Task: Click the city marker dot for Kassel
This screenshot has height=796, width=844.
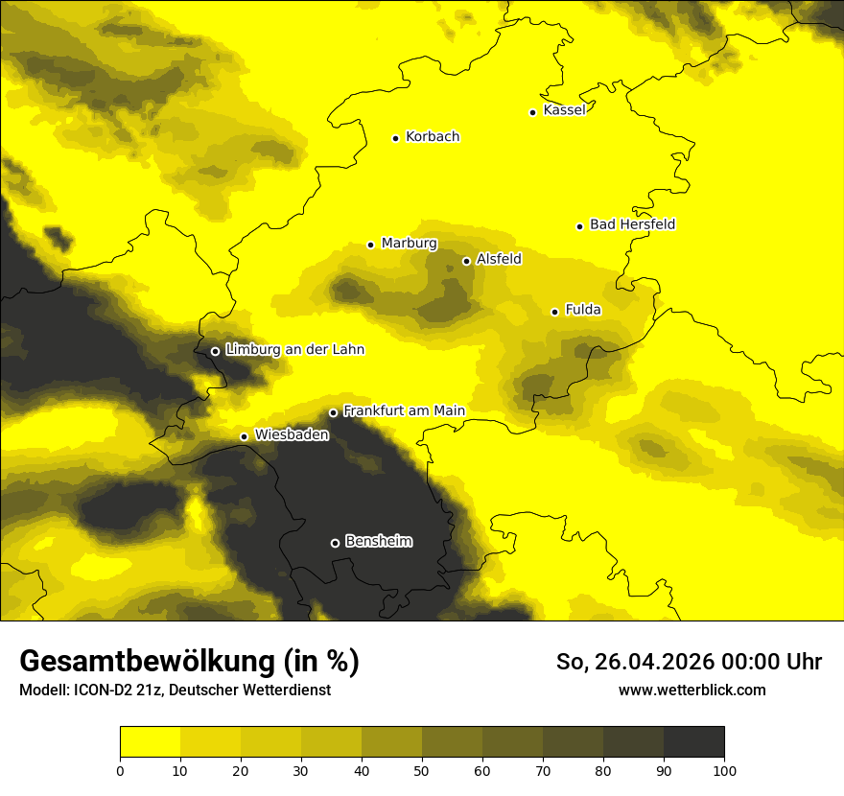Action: (532, 112)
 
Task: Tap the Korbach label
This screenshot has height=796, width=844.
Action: (433, 137)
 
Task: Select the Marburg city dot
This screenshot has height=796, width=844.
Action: (370, 245)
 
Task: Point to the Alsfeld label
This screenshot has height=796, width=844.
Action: (499, 259)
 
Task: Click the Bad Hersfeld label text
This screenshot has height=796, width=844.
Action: (632, 224)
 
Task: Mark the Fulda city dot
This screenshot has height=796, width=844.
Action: (554, 312)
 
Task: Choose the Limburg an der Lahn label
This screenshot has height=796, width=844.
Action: (294, 350)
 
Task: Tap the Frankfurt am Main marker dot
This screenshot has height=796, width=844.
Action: (333, 413)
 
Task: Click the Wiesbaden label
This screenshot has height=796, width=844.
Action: (292, 434)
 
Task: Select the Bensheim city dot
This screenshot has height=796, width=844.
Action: (335, 543)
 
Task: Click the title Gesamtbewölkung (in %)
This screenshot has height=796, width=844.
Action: (189, 662)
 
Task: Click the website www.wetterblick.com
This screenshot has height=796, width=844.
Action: (692, 690)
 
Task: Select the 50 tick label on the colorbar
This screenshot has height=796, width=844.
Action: (422, 770)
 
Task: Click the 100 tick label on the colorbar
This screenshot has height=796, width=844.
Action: (724, 770)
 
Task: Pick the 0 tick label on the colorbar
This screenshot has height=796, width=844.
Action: (120, 770)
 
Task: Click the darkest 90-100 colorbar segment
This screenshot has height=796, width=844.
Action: (693, 742)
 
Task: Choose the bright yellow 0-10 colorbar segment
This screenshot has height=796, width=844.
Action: (150, 742)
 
